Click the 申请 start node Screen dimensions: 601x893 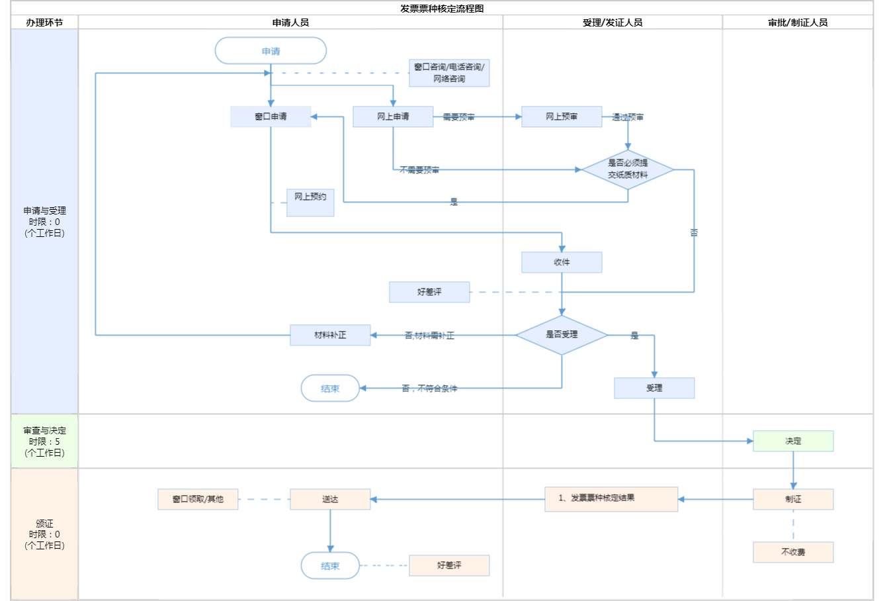point(271,51)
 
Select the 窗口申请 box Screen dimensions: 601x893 point(271,116)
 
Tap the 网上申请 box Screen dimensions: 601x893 point(393,116)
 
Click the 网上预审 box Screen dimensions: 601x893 point(562,116)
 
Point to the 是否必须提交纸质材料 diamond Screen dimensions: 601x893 point(628,169)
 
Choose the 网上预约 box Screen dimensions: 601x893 point(310,202)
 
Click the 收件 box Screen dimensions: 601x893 point(562,262)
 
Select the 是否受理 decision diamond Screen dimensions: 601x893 point(562,335)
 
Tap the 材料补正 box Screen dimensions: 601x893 point(330,335)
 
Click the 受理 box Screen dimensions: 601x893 point(654,388)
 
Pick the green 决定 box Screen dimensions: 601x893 point(793,441)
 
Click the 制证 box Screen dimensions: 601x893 point(793,499)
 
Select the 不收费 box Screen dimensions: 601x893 point(793,552)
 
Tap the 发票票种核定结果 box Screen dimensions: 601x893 point(611,499)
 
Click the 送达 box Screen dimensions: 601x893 point(330,499)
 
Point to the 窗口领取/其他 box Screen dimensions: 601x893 point(198,499)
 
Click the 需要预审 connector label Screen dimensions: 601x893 point(458,117)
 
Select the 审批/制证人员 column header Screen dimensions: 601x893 point(798,23)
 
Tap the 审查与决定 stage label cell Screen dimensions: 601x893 point(44,441)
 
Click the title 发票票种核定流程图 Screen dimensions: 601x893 point(442,9)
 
